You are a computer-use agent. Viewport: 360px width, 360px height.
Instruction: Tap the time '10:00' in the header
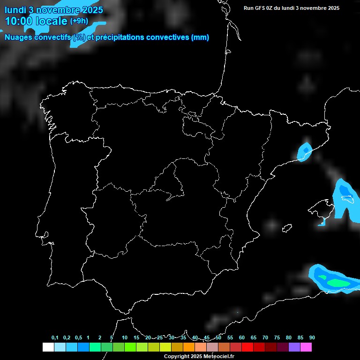19,21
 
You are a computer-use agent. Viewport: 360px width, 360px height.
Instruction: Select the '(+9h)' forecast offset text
79,21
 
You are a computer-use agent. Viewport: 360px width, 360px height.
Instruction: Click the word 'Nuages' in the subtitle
19,37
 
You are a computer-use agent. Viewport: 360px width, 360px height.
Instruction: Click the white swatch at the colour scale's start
48,347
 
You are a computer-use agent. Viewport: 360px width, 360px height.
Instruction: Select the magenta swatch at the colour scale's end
306,347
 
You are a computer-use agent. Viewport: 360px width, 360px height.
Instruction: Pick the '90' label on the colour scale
312,338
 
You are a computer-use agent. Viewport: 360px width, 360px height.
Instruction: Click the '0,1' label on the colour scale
55,338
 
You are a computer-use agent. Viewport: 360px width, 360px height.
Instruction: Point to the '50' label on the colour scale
218,338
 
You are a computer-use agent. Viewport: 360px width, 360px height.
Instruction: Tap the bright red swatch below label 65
247,347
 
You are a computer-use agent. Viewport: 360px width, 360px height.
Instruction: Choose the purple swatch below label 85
294,347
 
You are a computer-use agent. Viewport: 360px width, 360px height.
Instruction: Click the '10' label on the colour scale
125,338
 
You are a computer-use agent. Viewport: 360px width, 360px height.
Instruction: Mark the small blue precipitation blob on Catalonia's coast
305,151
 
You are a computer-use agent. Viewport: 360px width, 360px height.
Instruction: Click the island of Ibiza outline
287,228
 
